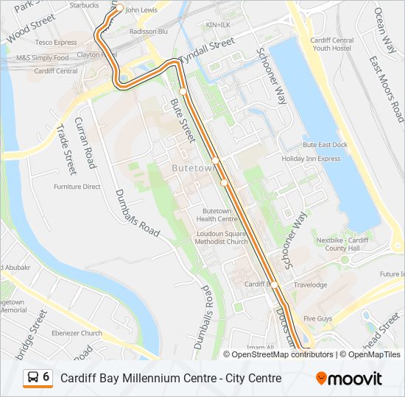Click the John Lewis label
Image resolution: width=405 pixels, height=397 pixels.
pyautogui.click(x=142, y=10)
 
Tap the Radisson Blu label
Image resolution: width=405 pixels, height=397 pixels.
pyautogui.click(x=149, y=32)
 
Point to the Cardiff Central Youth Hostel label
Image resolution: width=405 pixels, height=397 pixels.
pyautogui.click(x=331, y=45)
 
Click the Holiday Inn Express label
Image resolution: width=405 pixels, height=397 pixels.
pyautogui.click(x=311, y=158)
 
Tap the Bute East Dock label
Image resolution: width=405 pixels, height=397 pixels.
pyautogui.click(x=325, y=146)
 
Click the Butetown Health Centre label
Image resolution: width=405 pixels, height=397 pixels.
pyautogui.click(x=216, y=215)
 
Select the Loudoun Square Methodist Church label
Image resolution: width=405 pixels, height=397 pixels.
pyautogui.click(x=222, y=237)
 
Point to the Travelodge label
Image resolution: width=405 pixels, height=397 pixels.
pyautogui.click(x=310, y=285)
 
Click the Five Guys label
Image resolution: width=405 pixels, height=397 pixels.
pyautogui.click(x=318, y=318)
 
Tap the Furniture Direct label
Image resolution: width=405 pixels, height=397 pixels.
pyautogui.click(x=77, y=187)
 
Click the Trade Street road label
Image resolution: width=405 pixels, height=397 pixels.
pyautogui.click(x=66, y=150)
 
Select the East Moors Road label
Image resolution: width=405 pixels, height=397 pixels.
pyautogui.click(x=386, y=89)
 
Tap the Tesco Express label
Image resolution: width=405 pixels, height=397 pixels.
pyautogui.click(x=55, y=43)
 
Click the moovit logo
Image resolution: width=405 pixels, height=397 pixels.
pyautogui.click(x=349, y=379)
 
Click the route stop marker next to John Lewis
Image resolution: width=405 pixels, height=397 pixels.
pyautogui.click(x=119, y=10)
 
